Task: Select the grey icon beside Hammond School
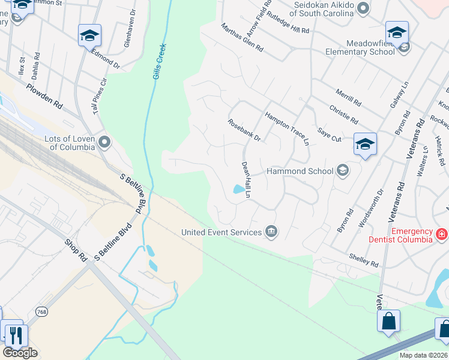pos(343,172)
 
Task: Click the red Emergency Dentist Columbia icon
pos(441,233)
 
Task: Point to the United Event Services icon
pos(271,232)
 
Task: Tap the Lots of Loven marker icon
pos(104,142)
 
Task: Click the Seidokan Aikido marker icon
pos(363,8)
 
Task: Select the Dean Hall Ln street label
pos(246,179)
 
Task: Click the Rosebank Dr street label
pos(244,130)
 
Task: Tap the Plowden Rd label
pos(44,96)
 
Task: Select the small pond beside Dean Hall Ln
pos(240,190)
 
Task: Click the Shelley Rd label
pos(364,260)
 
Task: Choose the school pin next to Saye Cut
pos(365,145)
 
